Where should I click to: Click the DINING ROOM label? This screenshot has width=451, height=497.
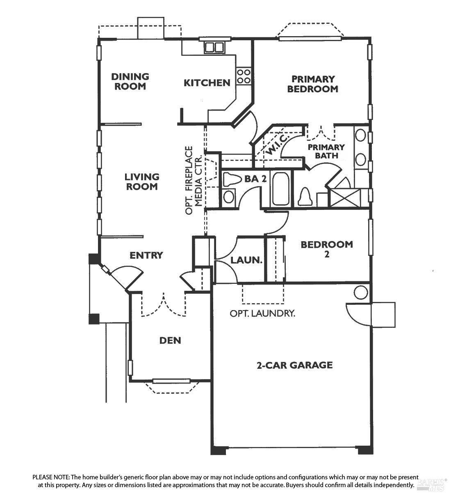130,81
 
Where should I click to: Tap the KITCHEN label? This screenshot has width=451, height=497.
207,83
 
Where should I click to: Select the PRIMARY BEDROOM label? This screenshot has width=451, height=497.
313,84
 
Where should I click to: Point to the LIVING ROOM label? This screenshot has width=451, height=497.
142,182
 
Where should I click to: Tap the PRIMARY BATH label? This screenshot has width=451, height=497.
326,152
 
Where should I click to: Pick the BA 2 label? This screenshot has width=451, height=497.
255,179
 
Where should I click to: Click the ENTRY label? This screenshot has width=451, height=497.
146,255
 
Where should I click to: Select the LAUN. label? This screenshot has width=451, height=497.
246,260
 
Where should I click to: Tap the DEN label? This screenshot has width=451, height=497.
170,341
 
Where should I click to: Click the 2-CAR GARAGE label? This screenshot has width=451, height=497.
295,365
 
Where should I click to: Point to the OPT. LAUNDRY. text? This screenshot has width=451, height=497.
262,313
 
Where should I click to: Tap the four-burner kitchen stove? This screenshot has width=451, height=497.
244,76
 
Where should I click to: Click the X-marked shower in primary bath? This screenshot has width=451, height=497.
345,198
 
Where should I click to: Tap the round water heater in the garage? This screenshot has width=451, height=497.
361,292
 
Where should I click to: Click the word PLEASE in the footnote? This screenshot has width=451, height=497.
42,477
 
